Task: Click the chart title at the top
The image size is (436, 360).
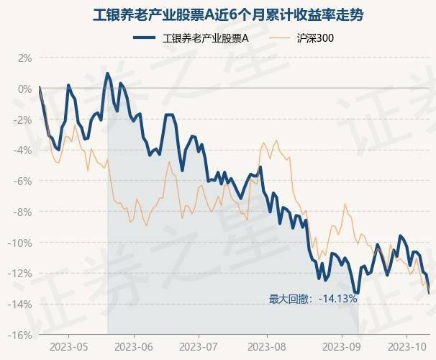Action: (217, 14)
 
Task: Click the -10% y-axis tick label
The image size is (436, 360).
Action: (21, 243)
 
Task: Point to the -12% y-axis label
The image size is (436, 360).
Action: (21, 274)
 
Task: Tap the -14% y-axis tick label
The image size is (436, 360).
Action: (21, 305)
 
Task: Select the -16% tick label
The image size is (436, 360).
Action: (21, 336)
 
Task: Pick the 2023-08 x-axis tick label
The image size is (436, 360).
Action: (266, 346)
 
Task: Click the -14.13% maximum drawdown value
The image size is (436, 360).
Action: (337, 298)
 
